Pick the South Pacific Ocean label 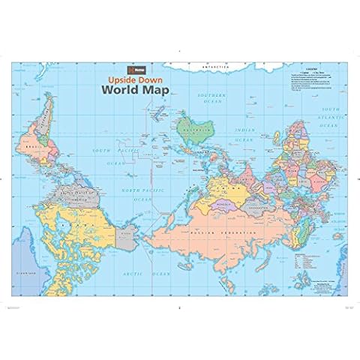point(109,154)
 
